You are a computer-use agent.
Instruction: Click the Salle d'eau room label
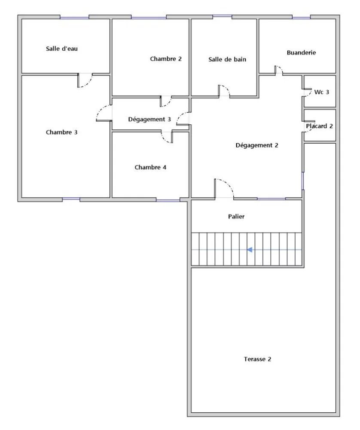tap(61, 49)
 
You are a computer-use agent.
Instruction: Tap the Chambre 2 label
tap(166, 58)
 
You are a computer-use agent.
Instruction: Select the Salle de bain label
tap(227, 59)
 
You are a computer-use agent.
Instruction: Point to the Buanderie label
tap(301, 52)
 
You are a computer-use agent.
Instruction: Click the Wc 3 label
tap(322, 92)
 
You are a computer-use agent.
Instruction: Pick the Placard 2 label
tap(319, 126)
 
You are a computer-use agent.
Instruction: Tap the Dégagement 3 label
tap(149, 119)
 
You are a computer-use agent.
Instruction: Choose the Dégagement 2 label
tap(257, 145)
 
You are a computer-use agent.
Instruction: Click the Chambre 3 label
tap(61, 132)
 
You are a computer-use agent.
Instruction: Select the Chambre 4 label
tap(150, 167)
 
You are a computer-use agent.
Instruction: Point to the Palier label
tap(236, 216)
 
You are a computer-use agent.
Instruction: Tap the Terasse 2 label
tap(257, 359)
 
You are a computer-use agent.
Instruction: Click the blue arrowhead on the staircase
tap(250, 249)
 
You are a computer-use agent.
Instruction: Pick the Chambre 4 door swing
tap(165, 139)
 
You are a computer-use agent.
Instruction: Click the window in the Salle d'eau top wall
tap(74, 18)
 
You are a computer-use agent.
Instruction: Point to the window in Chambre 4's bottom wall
tap(168, 200)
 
